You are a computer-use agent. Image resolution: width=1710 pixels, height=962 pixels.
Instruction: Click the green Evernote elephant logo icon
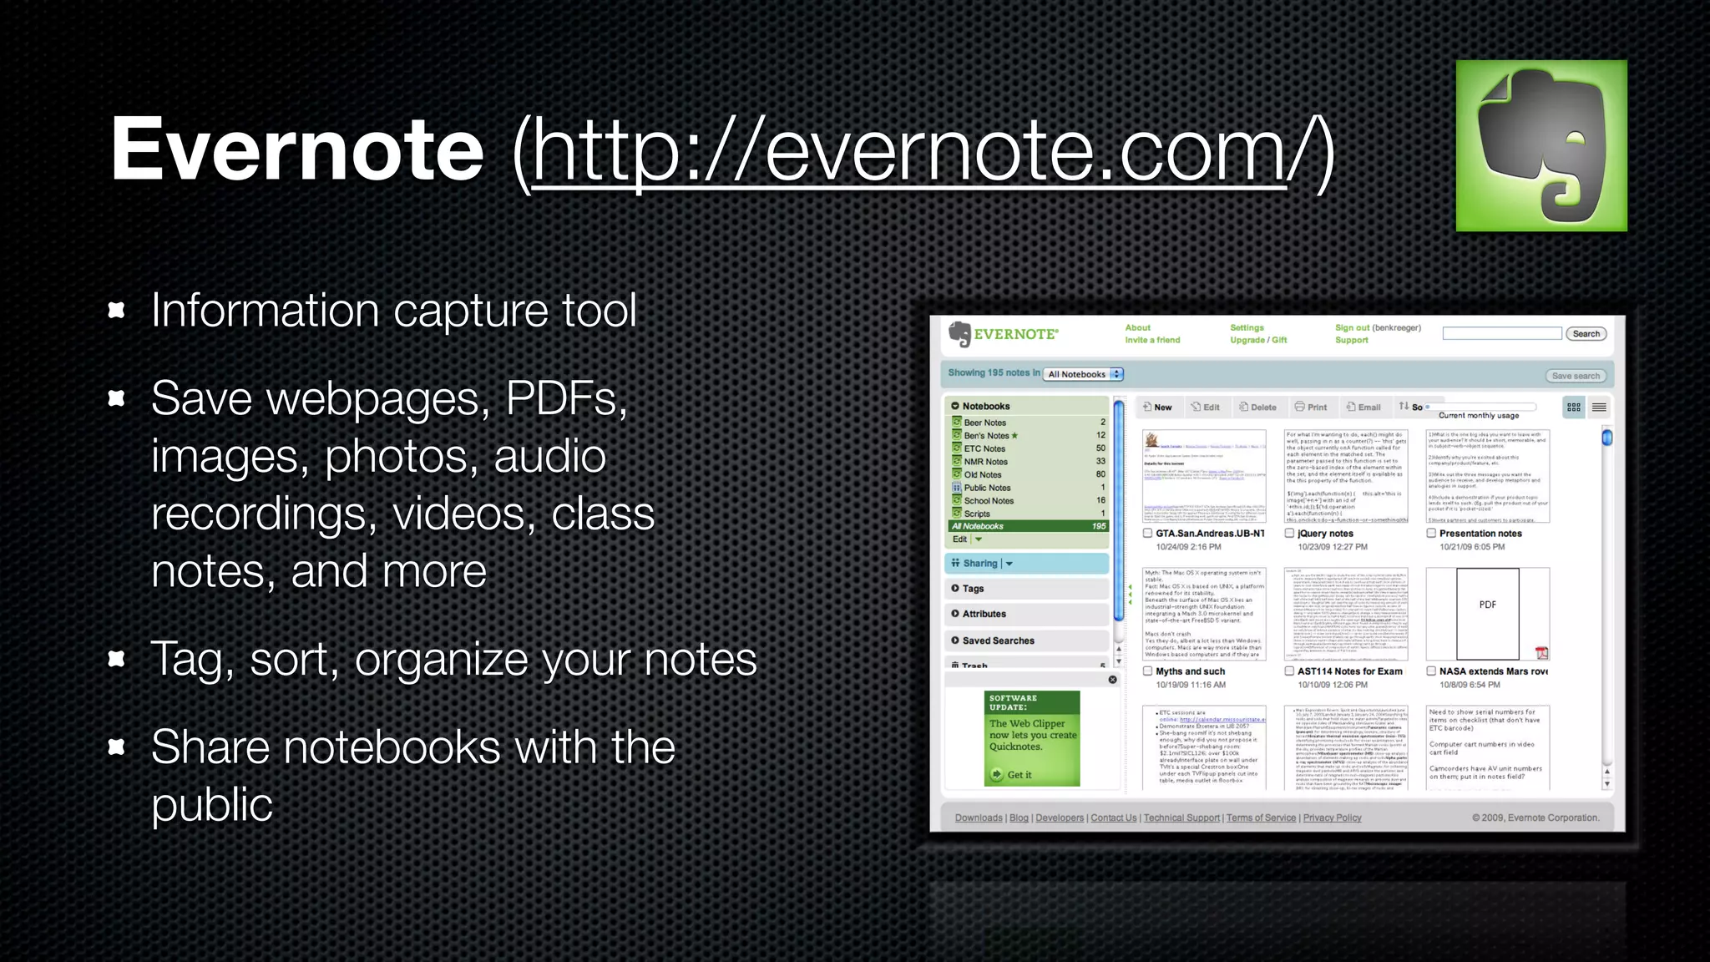pyautogui.click(x=1541, y=145)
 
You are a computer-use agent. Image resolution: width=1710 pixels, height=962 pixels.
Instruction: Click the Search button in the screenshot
pyautogui.click(x=1586, y=334)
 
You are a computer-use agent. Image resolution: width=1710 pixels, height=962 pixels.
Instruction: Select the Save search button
pyautogui.click(x=1576, y=376)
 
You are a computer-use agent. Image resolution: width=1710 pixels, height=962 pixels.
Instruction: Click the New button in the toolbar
pyautogui.click(x=1157, y=408)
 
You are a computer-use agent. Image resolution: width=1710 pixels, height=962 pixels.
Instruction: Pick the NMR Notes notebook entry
pyautogui.click(x=985, y=462)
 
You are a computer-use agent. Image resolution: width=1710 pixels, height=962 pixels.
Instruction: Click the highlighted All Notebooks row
pyautogui.click(x=1027, y=526)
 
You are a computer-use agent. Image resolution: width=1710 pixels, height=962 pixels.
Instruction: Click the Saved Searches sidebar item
pyautogui.click(x=998, y=640)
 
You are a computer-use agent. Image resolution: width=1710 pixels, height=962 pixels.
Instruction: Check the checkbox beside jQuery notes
pyautogui.click(x=1290, y=533)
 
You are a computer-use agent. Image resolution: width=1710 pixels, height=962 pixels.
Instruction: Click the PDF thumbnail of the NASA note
pyautogui.click(x=1487, y=614)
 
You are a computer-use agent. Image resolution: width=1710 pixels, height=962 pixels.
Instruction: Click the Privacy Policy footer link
pyautogui.click(x=1332, y=818)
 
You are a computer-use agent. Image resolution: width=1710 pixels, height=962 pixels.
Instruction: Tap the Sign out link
pyautogui.click(x=1352, y=328)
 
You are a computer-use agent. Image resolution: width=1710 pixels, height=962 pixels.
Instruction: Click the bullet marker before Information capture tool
pyautogui.click(x=117, y=311)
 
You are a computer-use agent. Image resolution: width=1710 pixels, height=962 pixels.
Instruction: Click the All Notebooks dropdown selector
pyautogui.click(x=1084, y=374)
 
